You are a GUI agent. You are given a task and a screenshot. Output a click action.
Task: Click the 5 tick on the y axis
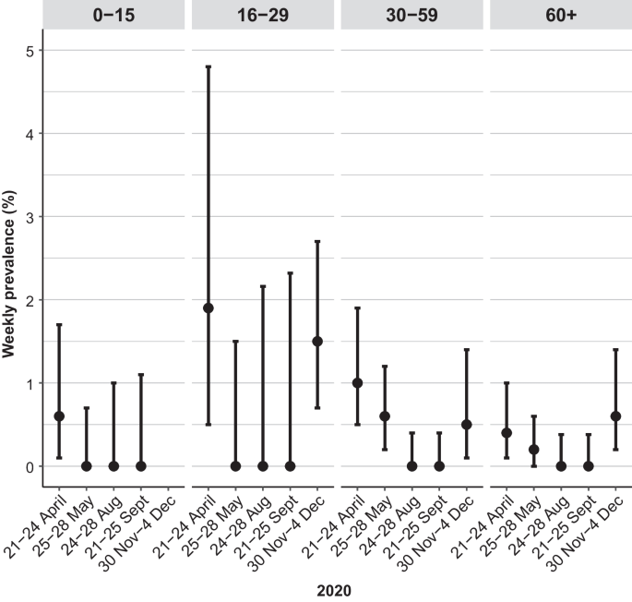(x=31, y=50)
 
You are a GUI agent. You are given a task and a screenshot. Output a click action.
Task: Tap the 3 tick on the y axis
(x=31, y=217)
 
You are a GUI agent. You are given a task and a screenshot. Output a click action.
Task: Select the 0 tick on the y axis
(x=31, y=466)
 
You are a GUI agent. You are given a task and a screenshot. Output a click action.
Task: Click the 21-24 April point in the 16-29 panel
(x=209, y=308)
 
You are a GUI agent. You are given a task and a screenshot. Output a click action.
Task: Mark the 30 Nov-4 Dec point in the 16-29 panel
(x=317, y=342)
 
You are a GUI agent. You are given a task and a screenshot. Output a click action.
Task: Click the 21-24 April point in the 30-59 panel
(x=358, y=383)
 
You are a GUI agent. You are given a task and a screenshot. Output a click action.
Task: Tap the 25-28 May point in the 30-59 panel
(x=385, y=416)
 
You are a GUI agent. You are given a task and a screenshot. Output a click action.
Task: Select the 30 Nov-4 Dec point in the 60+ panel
(x=615, y=416)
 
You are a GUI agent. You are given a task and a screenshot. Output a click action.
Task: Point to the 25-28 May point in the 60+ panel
(x=534, y=450)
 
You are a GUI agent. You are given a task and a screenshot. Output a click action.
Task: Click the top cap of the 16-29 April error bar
(x=209, y=66)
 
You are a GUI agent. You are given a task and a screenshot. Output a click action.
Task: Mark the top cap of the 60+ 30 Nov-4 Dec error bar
(x=615, y=350)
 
